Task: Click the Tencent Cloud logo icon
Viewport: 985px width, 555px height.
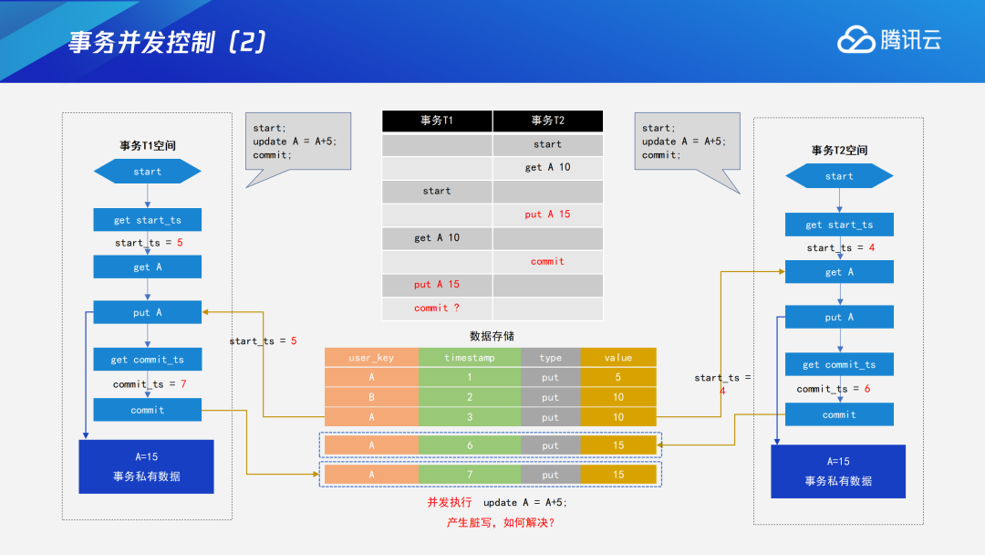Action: click(855, 40)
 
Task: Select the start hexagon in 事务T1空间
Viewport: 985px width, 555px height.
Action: click(147, 172)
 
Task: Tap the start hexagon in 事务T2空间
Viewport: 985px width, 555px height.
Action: click(839, 176)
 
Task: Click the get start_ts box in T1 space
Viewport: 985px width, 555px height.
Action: click(147, 220)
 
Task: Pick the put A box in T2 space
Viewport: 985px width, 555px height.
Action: click(839, 317)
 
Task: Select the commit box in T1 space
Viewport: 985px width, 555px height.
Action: click(147, 410)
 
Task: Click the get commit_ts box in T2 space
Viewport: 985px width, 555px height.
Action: click(839, 364)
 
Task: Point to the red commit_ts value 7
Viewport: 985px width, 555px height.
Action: click(182, 384)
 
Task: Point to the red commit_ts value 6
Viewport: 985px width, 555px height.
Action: click(866, 389)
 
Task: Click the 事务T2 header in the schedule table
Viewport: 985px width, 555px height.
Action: click(547, 120)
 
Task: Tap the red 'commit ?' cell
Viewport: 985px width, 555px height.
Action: click(437, 308)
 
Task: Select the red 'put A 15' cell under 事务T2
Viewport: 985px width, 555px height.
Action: click(547, 215)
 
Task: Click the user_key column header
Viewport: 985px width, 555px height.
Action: click(371, 358)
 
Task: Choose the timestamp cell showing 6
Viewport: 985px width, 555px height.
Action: click(470, 445)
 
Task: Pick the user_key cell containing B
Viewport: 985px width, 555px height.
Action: click(371, 397)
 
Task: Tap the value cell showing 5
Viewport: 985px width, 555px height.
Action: click(618, 377)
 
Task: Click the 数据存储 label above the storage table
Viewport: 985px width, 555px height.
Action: click(492, 336)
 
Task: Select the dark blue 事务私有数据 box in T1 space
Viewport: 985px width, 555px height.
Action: click(146, 466)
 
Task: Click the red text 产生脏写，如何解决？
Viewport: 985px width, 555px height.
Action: click(501, 522)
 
